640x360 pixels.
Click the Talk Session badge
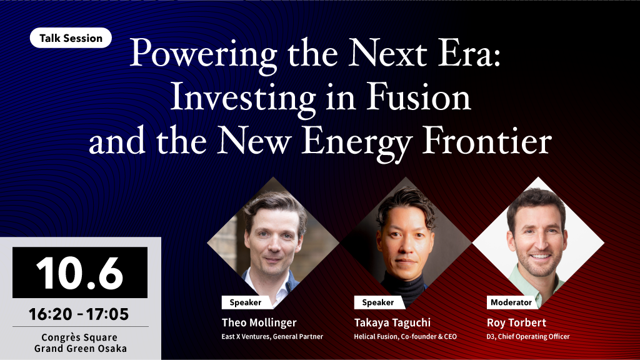coord(71,38)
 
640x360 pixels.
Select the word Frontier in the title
coord(486,141)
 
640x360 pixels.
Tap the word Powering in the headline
coord(204,56)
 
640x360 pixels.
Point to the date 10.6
coord(79,272)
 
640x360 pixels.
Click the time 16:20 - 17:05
coord(79,314)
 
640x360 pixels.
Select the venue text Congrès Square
coord(79,337)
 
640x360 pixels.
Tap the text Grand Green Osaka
coord(81,349)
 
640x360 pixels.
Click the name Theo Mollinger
coord(259,323)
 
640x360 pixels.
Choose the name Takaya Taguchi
coord(392,323)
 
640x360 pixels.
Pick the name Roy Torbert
coord(516,323)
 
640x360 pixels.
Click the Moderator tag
coord(511,302)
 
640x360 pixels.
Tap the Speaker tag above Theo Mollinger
coord(245,302)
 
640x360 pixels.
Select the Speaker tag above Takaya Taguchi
coord(378,302)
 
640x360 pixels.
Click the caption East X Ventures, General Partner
coord(272,337)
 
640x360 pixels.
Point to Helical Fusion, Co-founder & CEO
coord(405,337)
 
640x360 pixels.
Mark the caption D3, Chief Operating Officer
coord(528,337)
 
